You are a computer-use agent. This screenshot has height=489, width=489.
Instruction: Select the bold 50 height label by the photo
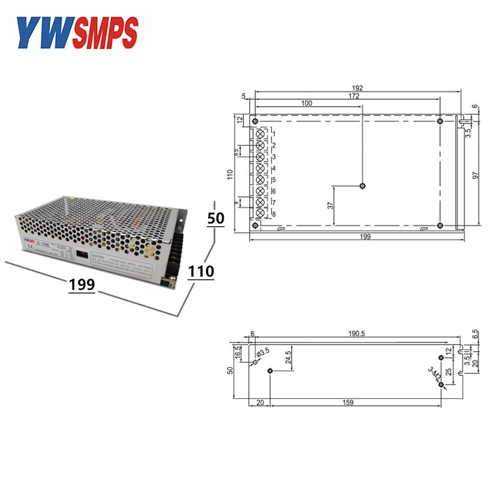coord(216,218)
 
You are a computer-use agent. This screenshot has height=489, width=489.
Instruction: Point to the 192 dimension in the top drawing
coord(357,88)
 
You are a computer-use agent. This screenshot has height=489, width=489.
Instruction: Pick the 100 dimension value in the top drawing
coord(306,103)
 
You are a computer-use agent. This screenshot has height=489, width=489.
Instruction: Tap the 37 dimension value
coord(330,206)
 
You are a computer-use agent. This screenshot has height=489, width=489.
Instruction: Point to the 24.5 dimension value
coord(288,358)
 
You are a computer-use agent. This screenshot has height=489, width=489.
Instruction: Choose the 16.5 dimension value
coord(238,352)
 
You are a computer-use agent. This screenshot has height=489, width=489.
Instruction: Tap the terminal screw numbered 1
coord(261,133)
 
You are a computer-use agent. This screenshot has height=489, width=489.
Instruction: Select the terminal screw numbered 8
coord(261,213)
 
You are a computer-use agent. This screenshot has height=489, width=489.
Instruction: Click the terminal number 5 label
coord(274,180)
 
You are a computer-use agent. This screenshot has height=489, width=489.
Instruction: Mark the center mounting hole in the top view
coord(362,186)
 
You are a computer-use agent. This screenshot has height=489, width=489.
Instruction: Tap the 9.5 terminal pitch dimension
coord(236,151)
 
